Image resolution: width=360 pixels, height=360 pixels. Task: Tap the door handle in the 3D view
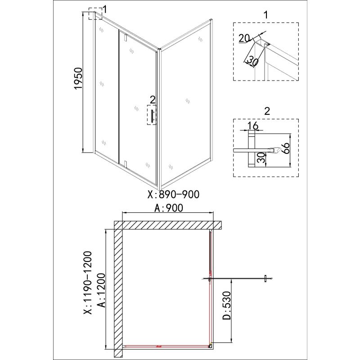152,116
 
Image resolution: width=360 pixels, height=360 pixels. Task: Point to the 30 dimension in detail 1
251,60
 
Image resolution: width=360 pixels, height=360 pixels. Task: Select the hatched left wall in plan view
118,288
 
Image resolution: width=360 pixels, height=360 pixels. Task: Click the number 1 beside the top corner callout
105,9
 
